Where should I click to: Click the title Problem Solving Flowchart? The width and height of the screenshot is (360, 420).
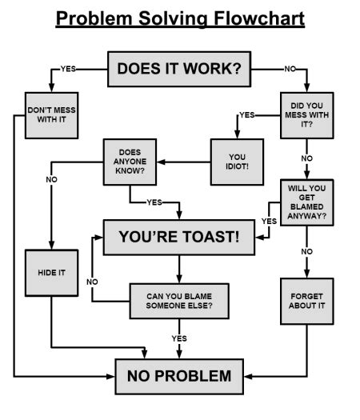(180, 18)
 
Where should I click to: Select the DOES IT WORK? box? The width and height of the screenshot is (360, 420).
(179, 69)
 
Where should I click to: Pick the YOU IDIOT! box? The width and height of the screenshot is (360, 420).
(237, 160)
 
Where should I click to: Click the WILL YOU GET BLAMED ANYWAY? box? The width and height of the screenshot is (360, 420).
(306, 202)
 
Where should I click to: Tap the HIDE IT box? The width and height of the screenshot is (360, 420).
(52, 273)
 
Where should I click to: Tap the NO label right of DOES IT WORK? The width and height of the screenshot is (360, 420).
(290, 69)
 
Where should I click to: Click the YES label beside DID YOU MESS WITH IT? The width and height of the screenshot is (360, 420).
(247, 115)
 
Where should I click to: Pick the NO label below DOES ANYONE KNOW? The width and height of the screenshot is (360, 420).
(52, 179)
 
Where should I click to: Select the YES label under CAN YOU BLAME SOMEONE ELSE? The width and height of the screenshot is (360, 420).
(179, 338)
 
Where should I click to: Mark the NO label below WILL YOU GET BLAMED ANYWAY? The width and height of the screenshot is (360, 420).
(306, 251)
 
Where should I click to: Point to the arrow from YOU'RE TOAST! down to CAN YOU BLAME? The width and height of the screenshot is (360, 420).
(178, 266)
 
